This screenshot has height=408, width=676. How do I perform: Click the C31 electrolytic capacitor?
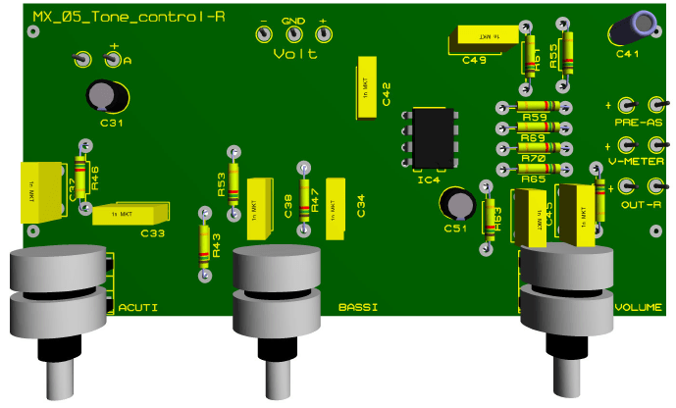pyautogui.click(x=107, y=95)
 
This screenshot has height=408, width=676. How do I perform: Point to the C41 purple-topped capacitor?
pyautogui.click(x=626, y=27)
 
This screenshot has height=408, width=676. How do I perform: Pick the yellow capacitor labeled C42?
pyautogui.click(x=365, y=93)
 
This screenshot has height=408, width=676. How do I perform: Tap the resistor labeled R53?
pyautogui.click(x=234, y=182)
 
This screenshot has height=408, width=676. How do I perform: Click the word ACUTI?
pyautogui.click(x=137, y=308)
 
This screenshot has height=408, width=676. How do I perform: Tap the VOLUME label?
pyautogui.click(x=638, y=308)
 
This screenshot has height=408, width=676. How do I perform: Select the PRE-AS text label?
pyautogui.click(x=639, y=123)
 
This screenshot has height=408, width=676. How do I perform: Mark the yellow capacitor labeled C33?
pyautogui.click(x=131, y=213)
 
